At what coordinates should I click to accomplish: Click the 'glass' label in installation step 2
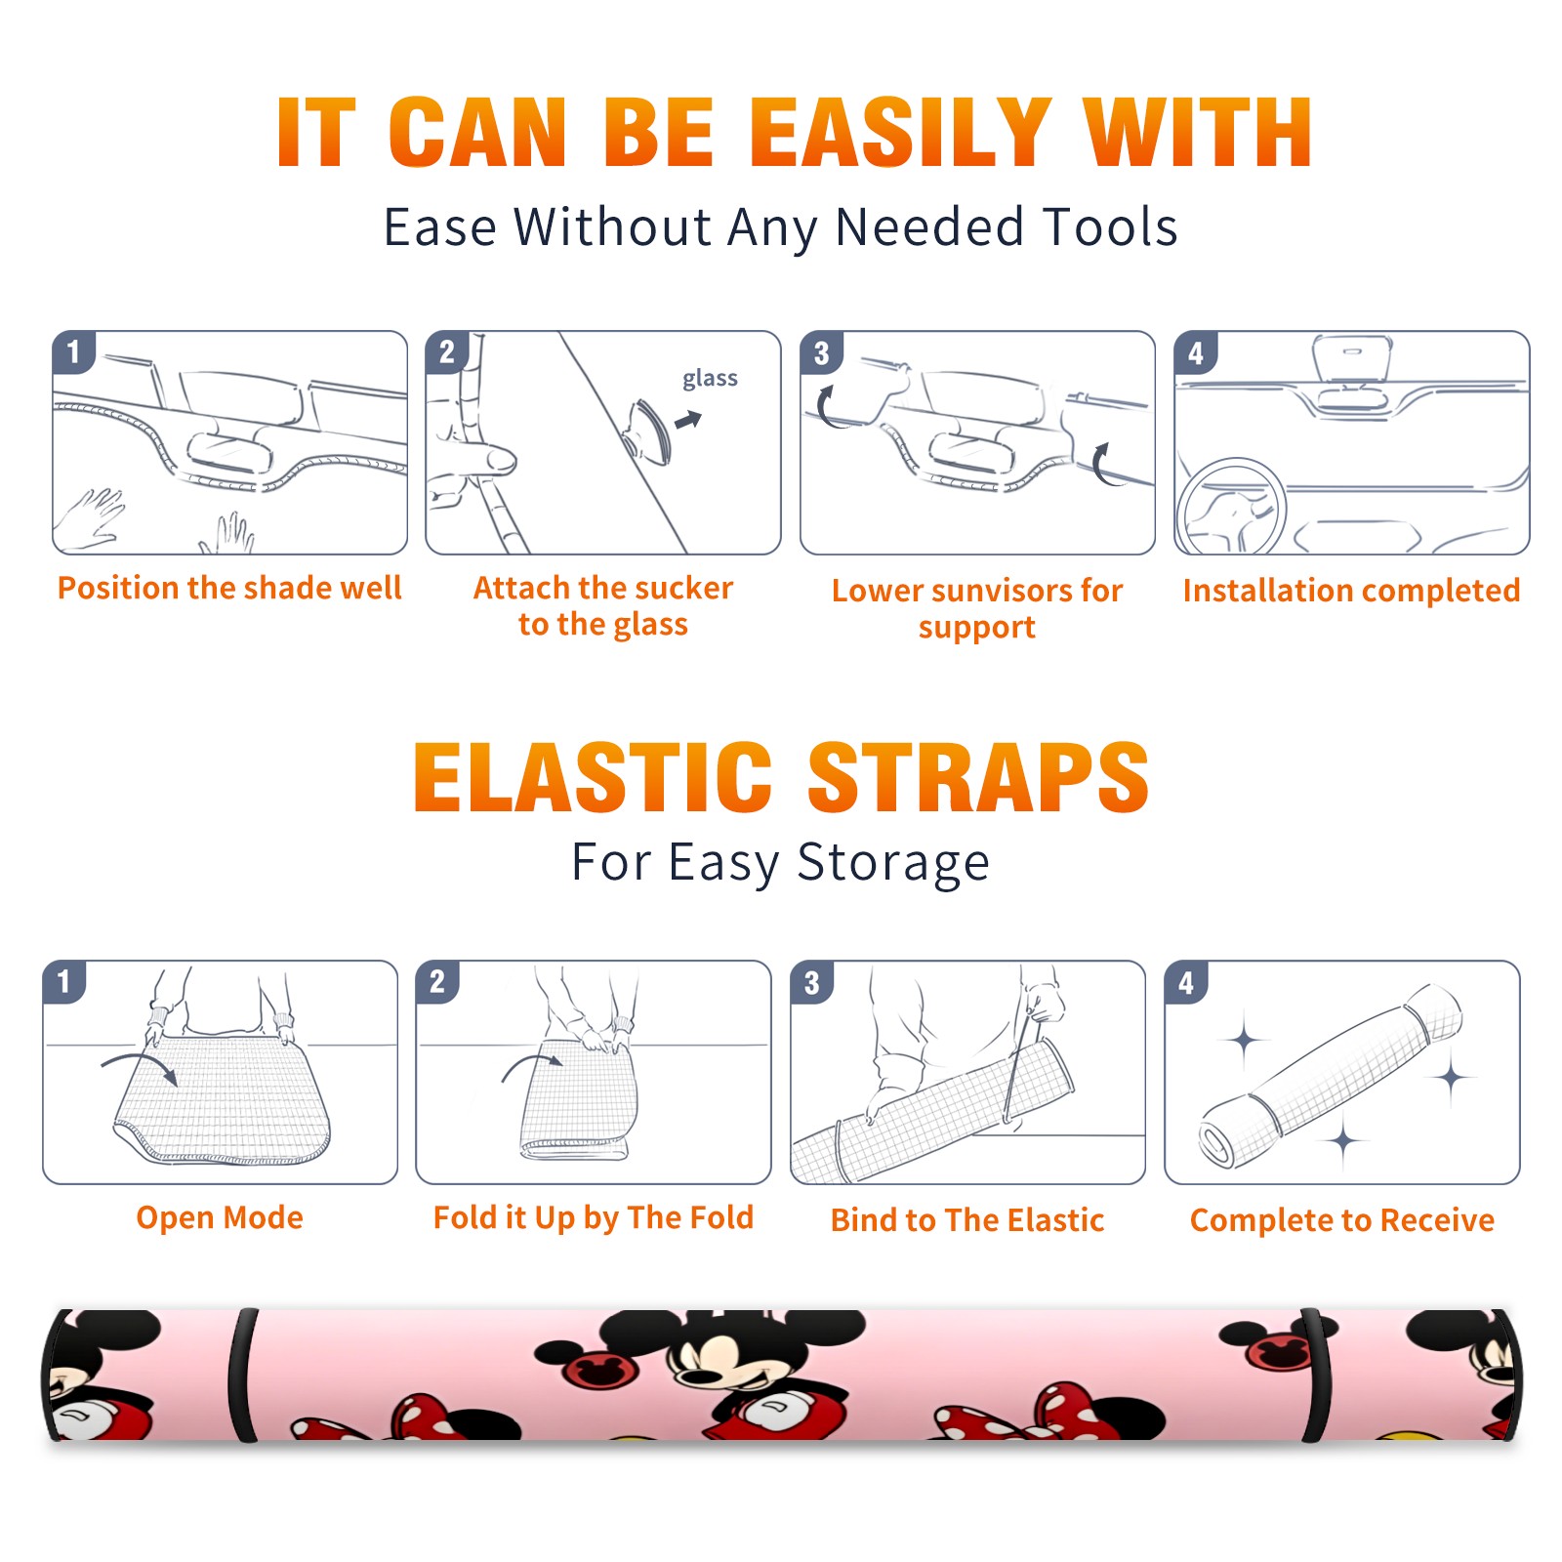(710, 378)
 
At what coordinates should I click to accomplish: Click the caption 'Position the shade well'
(229, 588)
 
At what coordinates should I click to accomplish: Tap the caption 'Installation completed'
(1351, 590)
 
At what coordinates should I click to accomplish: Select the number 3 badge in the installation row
(821, 353)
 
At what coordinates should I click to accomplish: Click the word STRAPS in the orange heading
(978, 777)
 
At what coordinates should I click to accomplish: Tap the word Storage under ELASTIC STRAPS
(893, 863)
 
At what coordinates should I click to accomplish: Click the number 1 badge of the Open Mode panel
(63, 982)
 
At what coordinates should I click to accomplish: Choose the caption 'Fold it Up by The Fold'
(594, 1217)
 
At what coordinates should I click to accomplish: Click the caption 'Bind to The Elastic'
(967, 1220)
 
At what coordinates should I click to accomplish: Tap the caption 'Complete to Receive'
(1342, 1220)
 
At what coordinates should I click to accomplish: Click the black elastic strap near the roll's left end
(242, 1375)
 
